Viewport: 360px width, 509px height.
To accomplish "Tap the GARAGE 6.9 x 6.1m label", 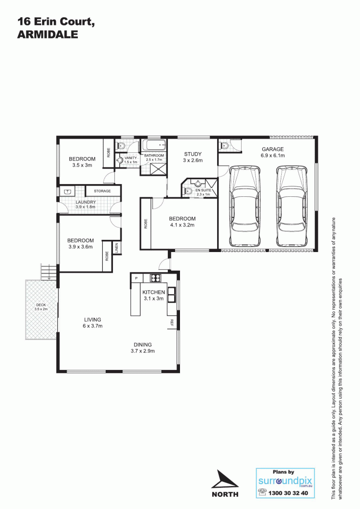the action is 272,152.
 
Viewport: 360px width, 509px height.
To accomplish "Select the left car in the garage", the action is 245,207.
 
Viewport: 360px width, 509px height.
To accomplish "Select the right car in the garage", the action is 291,207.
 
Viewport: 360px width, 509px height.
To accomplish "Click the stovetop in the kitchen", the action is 156,278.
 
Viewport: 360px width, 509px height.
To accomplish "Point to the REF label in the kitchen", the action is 172,323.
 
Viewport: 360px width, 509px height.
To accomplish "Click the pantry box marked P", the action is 136,278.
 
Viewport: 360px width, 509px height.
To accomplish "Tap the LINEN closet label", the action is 116,248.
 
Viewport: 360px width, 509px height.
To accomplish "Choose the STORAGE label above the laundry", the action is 102,191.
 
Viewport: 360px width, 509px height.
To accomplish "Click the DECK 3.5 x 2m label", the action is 41,307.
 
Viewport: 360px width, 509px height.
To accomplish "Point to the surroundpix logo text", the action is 285,481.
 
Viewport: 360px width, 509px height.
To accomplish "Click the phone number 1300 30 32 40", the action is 288,493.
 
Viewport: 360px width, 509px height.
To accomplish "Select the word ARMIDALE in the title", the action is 47,34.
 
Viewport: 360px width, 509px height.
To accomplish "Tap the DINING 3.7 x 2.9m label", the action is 143,347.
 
